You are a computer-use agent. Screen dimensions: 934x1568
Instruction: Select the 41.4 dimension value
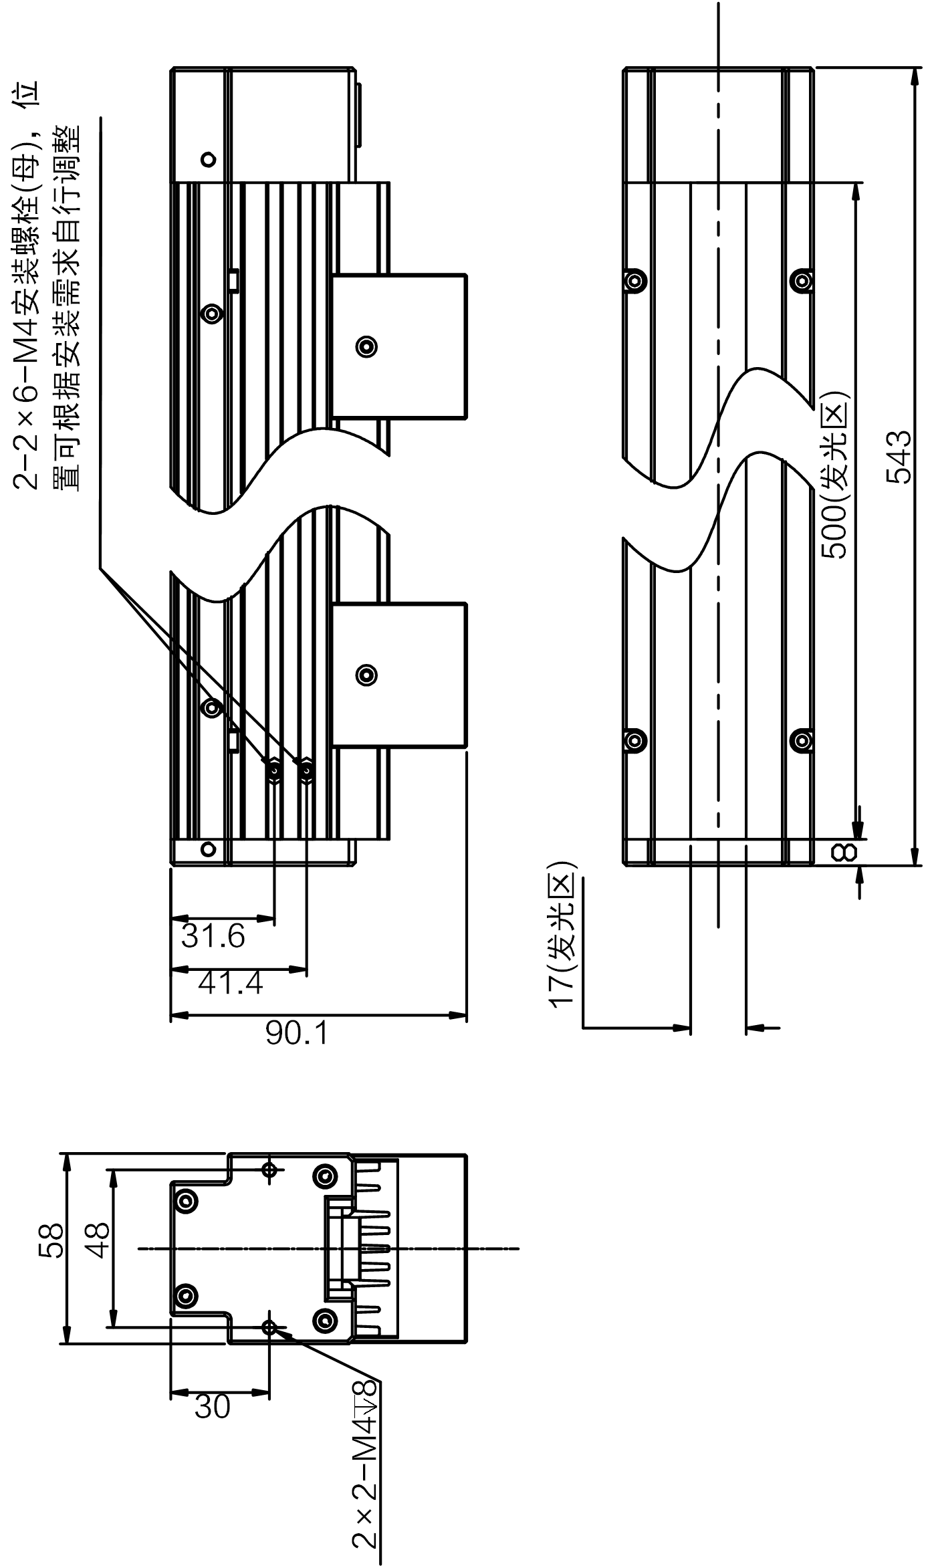231,983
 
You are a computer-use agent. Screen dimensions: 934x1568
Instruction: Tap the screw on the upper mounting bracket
366,346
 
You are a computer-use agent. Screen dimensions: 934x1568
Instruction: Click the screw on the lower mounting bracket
366,674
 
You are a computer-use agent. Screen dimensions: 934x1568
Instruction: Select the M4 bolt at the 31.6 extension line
273,771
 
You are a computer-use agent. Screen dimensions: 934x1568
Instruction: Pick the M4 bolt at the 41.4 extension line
306,771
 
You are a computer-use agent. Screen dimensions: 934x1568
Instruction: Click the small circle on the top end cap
209,159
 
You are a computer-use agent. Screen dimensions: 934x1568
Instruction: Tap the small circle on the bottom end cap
209,849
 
